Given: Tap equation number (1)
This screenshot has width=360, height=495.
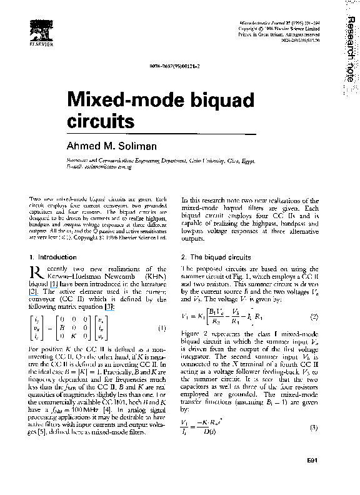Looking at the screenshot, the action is [162, 328].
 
